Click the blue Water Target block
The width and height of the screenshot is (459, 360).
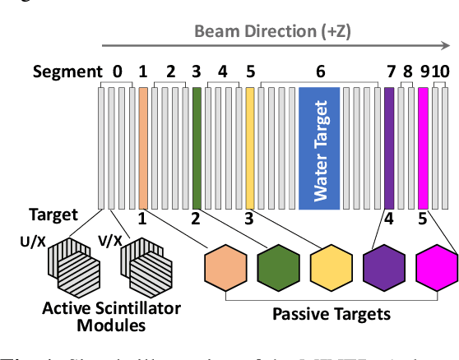pyautogui.click(x=322, y=147)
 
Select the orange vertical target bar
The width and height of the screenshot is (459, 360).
pyautogui.click(x=143, y=147)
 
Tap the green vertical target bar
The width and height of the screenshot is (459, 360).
pyautogui.click(x=197, y=147)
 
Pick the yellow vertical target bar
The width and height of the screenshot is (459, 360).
pyautogui.click(x=250, y=147)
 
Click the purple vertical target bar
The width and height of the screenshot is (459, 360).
pyautogui.click(x=389, y=147)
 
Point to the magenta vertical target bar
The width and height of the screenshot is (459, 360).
pyautogui.click(x=423, y=147)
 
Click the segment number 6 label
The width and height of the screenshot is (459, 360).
pyautogui.click(x=321, y=72)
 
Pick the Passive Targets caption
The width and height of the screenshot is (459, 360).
pyautogui.click(x=331, y=313)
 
